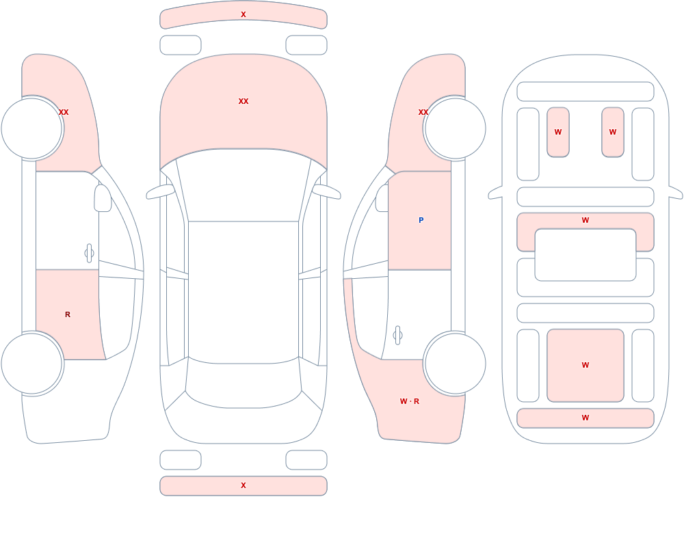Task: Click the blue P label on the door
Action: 421,220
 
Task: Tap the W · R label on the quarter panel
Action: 410,401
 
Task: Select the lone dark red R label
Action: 68,314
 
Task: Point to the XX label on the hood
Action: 244,101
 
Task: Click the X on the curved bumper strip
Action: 244,14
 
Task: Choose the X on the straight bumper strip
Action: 244,485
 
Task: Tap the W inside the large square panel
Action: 586,365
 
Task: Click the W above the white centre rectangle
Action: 586,220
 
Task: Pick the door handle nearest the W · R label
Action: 397,336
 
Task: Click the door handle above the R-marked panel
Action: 89,254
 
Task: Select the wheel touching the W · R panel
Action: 455,363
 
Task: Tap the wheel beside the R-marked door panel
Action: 32,363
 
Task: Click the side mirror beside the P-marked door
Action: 382,198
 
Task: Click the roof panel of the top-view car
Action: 244,292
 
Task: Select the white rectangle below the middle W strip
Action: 586,255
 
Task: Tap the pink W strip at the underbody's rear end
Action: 586,418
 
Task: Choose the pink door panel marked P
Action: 420,221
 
